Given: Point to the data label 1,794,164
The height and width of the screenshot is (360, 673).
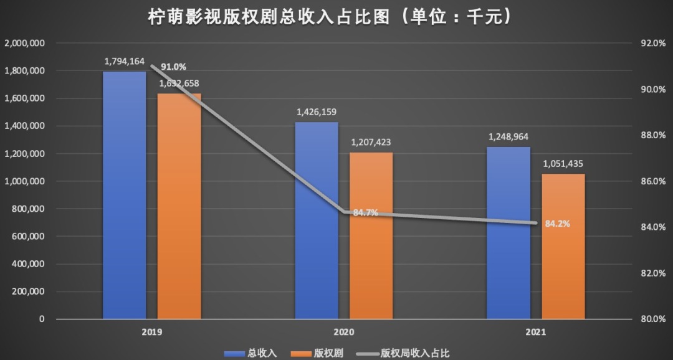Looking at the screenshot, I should [125, 62].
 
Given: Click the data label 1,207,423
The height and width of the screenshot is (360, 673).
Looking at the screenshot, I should [372, 143].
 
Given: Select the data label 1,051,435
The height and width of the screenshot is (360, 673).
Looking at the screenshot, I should [563, 164].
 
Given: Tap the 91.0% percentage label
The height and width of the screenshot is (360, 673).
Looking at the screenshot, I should [174, 67].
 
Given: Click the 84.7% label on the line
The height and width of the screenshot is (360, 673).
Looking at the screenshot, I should [366, 213].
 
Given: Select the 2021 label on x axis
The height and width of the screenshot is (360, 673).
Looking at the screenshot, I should [535, 333].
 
